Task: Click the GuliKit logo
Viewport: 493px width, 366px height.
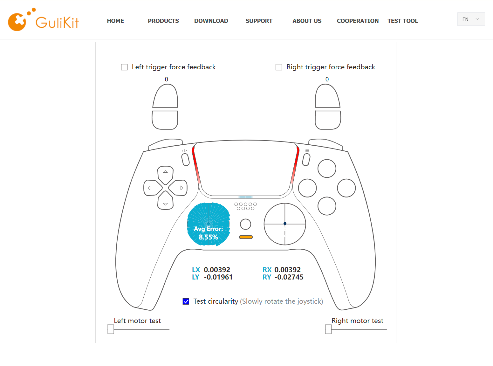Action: click(43, 20)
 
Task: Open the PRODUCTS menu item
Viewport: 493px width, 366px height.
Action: click(163, 21)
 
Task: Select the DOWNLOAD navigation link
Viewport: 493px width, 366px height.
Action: click(211, 21)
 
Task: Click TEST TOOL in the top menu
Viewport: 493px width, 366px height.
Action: click(402, 21)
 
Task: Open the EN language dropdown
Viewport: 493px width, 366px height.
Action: click(471, 19)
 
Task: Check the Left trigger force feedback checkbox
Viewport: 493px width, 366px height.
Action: click(124, 67)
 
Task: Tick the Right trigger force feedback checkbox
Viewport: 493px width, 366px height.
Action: click(279, 67)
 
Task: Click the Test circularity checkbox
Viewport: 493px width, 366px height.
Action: click(186, 301)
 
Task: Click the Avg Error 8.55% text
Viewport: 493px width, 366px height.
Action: click(209, 233)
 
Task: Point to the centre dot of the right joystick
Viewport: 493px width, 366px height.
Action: click(285, 224)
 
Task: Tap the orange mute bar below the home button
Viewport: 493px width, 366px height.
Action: click(246, 237)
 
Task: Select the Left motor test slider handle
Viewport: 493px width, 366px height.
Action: click(111, 329)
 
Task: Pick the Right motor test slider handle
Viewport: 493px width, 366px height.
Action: click(328, 329)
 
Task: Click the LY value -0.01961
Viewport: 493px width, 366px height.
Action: click(218, 277)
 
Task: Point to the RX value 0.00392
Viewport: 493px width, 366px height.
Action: click(288, 270)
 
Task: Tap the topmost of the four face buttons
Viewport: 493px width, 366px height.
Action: click(327, 169)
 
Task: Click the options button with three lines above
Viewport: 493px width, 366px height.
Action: click(306, 160)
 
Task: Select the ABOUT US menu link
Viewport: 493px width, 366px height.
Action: click(307, 21)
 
